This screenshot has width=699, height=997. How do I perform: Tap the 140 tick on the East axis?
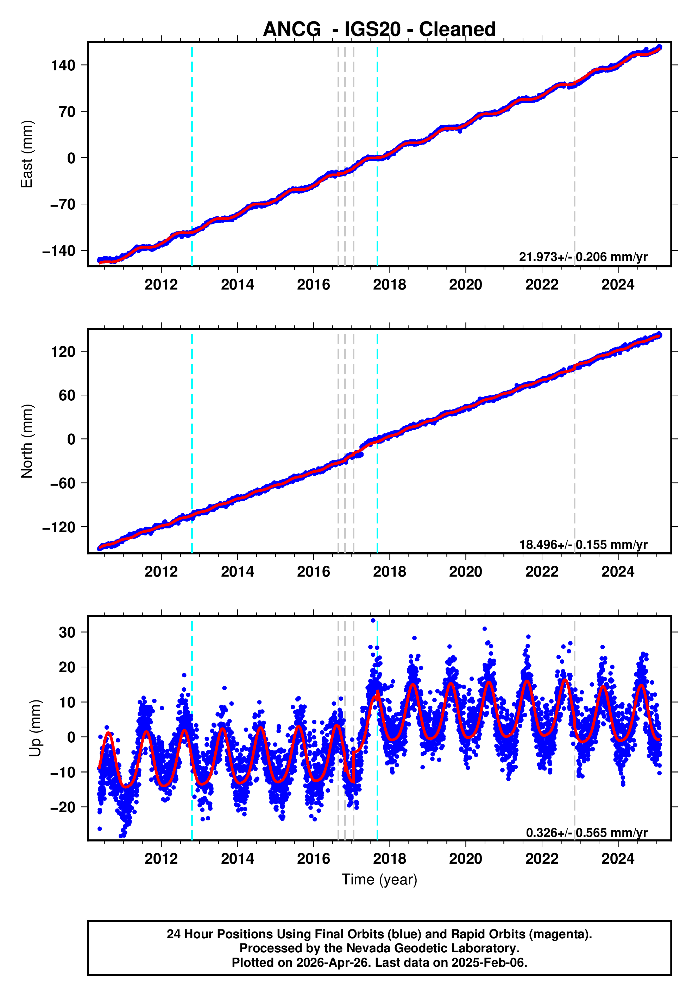pyautogui.click(x=63, y=65)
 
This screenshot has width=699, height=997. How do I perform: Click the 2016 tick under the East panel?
pyautogui.click(x=313, y=285)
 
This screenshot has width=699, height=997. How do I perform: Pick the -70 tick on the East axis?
pyautogui.click(x=63, y=204)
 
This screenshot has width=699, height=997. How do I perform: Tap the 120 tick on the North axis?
pyautogui.click(x=63, y=351)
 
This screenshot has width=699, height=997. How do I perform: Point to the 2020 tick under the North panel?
pyautogui.click(x=465, y=572)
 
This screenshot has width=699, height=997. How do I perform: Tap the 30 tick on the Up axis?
pyautogui.click(x=67, y=632)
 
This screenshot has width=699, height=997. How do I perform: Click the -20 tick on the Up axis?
pyautogui.click(x=63, y=807)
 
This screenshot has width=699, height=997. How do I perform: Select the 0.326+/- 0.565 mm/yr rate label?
pyautogui.click(x=586, y=832)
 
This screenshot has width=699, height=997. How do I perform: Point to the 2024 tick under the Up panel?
pyautogui.click(x=617, y=859)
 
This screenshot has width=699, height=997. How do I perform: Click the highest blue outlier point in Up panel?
pyautogui.click(x=373, y=621)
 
